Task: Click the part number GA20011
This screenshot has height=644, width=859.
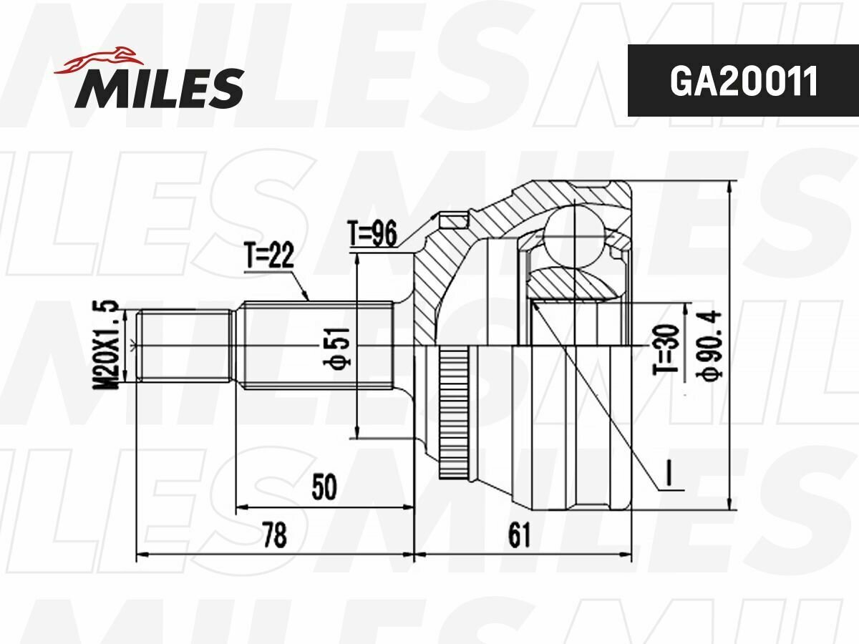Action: (x=743, y=82)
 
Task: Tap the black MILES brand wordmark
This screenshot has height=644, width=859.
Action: (x=160, y=88)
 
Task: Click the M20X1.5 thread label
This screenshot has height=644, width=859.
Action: (x=105, y=345)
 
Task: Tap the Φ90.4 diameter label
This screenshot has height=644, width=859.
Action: (x=709, y=344)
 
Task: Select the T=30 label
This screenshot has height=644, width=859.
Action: (x=665, y=349)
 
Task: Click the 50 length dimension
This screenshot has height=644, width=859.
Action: (x=324, y=487)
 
